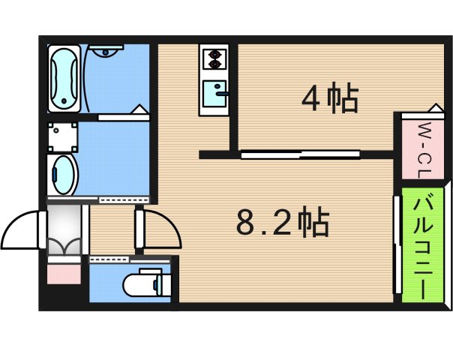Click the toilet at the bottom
point(142,283)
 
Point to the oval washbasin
point(63,175)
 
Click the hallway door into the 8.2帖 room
point(159,229)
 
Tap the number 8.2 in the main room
point(262,223)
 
